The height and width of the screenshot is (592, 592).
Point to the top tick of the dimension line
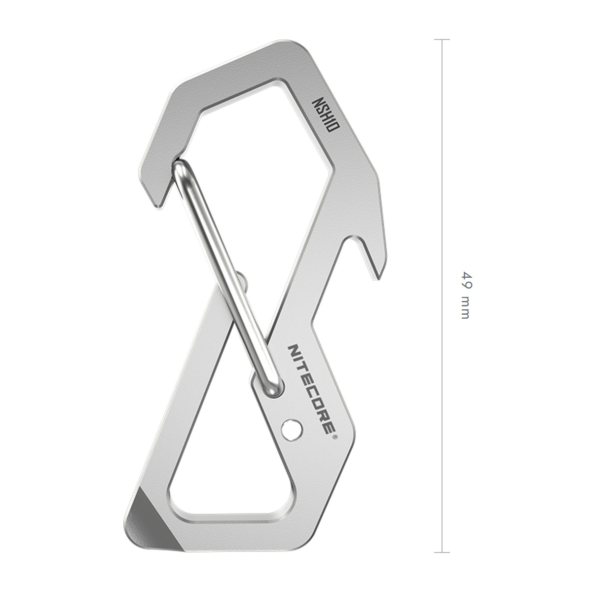pos(442,39)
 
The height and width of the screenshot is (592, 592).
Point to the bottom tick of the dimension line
pos(442,553)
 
